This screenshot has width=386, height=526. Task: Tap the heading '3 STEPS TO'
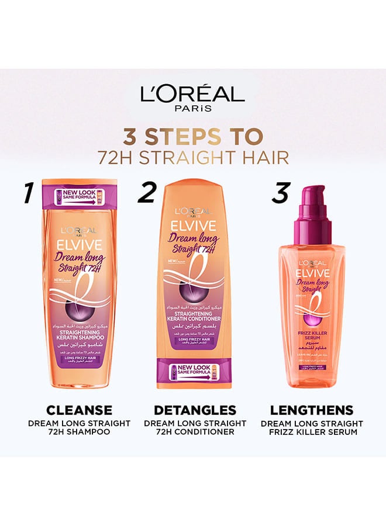[x=192, y=136]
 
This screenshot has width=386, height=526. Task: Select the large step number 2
[x=147, y=193]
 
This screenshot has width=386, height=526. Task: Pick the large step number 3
[x=281, y=193]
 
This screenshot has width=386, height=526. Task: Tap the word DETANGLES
[x=195, y=410]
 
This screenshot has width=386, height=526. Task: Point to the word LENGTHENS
[x=312, y=410]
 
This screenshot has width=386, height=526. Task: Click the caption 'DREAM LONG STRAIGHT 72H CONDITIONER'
[x=195, y=427]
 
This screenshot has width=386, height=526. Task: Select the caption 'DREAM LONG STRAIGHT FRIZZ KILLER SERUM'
[x=312, y=427]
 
